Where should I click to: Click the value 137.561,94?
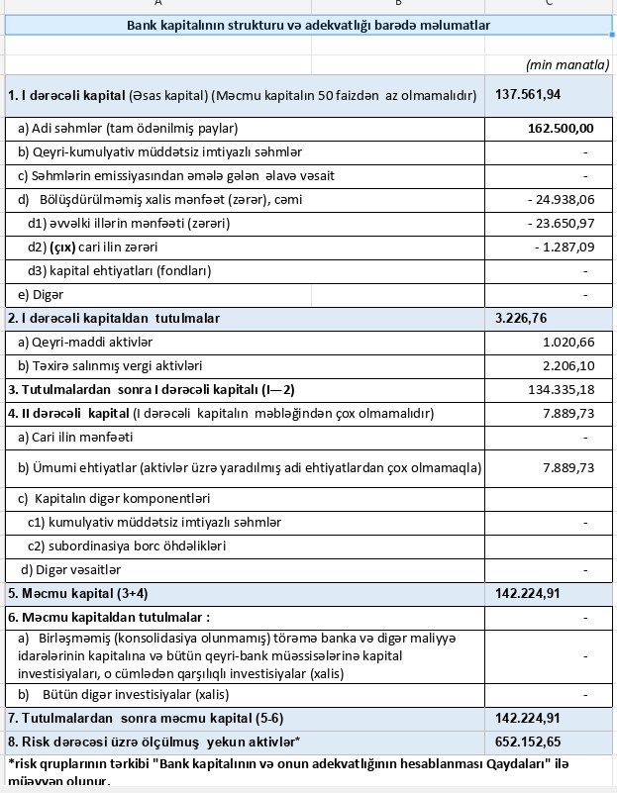(x=528, y=95)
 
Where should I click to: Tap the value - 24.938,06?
(x=562, y=200)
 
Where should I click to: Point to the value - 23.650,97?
(x=562, y=223)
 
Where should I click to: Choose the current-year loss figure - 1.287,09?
(x=565, y=247)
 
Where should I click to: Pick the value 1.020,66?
(x=568, y=342)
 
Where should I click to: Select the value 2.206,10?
(x=568, y=365)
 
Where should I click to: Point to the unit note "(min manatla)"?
(x=567, y=64)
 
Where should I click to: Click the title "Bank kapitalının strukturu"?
(x=308, y=25)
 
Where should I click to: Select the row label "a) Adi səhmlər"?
(x=128, y=128)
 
